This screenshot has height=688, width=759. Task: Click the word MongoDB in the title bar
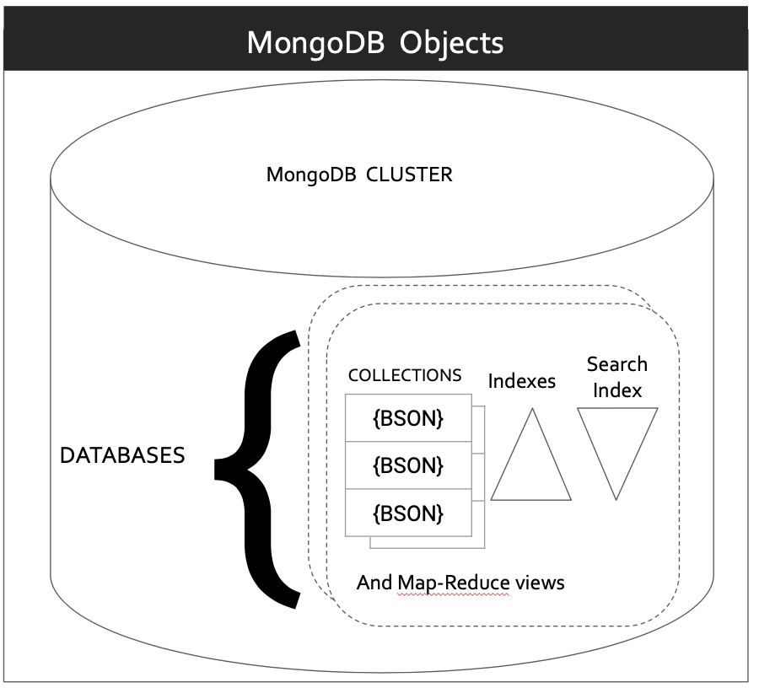click(315, 42)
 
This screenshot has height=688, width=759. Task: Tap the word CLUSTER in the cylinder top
click(409, 175)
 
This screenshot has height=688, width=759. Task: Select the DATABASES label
click(122, 455)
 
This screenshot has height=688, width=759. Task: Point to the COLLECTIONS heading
click(405, 375)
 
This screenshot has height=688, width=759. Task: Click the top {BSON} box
click(408, 418)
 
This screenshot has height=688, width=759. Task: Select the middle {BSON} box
click(408, 465)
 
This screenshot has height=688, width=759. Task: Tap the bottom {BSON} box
click(408, 513)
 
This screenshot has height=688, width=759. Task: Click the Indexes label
click(522, 381)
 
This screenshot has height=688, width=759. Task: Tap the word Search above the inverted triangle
click(617, 364)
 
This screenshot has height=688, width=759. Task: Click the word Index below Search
click(617, 390)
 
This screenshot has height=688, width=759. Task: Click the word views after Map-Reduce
click(540, 583)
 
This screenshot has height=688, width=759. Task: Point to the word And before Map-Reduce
click(374, 583)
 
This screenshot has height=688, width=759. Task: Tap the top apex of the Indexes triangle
click(531, 410)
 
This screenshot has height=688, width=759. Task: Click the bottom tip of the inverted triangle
click(617, 498)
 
